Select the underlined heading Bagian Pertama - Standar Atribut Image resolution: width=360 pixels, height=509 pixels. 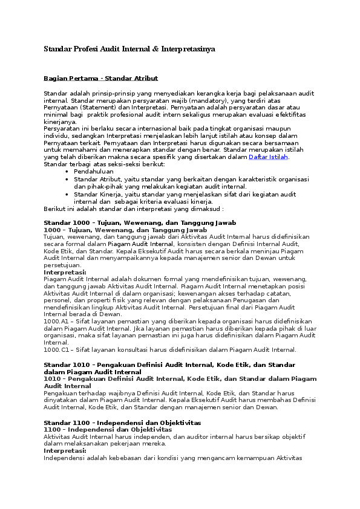(100, 78)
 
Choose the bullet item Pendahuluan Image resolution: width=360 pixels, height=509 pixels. (94, 172)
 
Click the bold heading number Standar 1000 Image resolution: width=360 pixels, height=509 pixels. (66, 223)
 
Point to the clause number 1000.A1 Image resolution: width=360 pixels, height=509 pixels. (56, 322)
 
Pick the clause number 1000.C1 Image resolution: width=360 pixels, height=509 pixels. (56, 349)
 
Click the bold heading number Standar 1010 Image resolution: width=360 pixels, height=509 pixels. (66, 365)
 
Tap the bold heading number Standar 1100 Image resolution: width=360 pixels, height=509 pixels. (66, 423)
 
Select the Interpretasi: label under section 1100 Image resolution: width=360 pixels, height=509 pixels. (65, 451)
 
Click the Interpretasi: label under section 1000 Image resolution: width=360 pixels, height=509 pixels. (65, 273)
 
